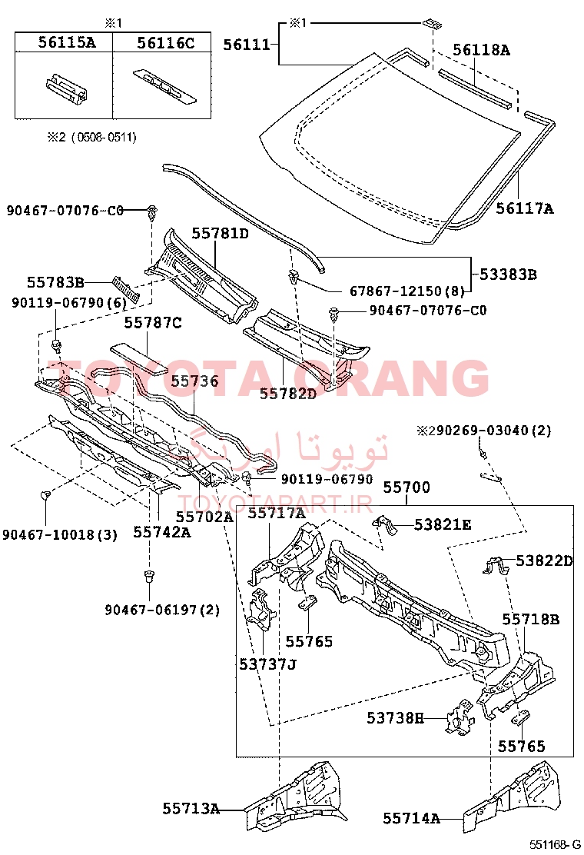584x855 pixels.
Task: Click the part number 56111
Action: coord(247,45)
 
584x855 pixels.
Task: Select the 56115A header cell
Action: coord(64,42)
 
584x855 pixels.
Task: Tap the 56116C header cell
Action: coord(162,42)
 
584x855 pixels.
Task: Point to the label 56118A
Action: coord(482,50)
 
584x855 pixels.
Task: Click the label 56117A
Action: coord(525,208)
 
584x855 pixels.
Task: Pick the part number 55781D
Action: coord(220,234)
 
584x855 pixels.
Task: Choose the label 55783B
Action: coord(55,282)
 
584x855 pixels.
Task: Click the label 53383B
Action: coord(508,274)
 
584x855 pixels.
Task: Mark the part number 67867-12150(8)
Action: coord(407,291)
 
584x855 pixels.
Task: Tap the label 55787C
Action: coord(153,323)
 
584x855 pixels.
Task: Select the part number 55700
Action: coord(406,487)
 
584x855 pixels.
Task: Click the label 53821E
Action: coord(443,524)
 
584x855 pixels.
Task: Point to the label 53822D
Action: coord(544,561)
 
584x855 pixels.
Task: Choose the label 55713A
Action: coord(191,808)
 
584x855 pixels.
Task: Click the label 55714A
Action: coord(411,818)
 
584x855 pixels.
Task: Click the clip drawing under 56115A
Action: coord(68,87)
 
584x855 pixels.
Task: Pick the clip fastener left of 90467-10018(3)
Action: coord(45,494)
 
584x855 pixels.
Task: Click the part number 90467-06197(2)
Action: coord(162,610)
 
